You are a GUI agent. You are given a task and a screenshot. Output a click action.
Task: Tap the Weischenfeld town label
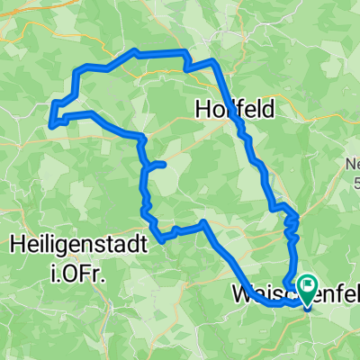tap(270, 293)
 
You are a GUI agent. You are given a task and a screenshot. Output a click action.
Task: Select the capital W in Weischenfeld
tap(241, 293)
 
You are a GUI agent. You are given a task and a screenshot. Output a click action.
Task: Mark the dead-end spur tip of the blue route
tap(165, 164)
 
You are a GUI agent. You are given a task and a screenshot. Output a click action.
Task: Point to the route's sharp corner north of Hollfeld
tap(213, 61)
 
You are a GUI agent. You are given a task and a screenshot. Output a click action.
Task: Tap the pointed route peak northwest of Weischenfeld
tap(205, 221)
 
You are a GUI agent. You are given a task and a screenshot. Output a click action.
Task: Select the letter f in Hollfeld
tap(243, 109)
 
